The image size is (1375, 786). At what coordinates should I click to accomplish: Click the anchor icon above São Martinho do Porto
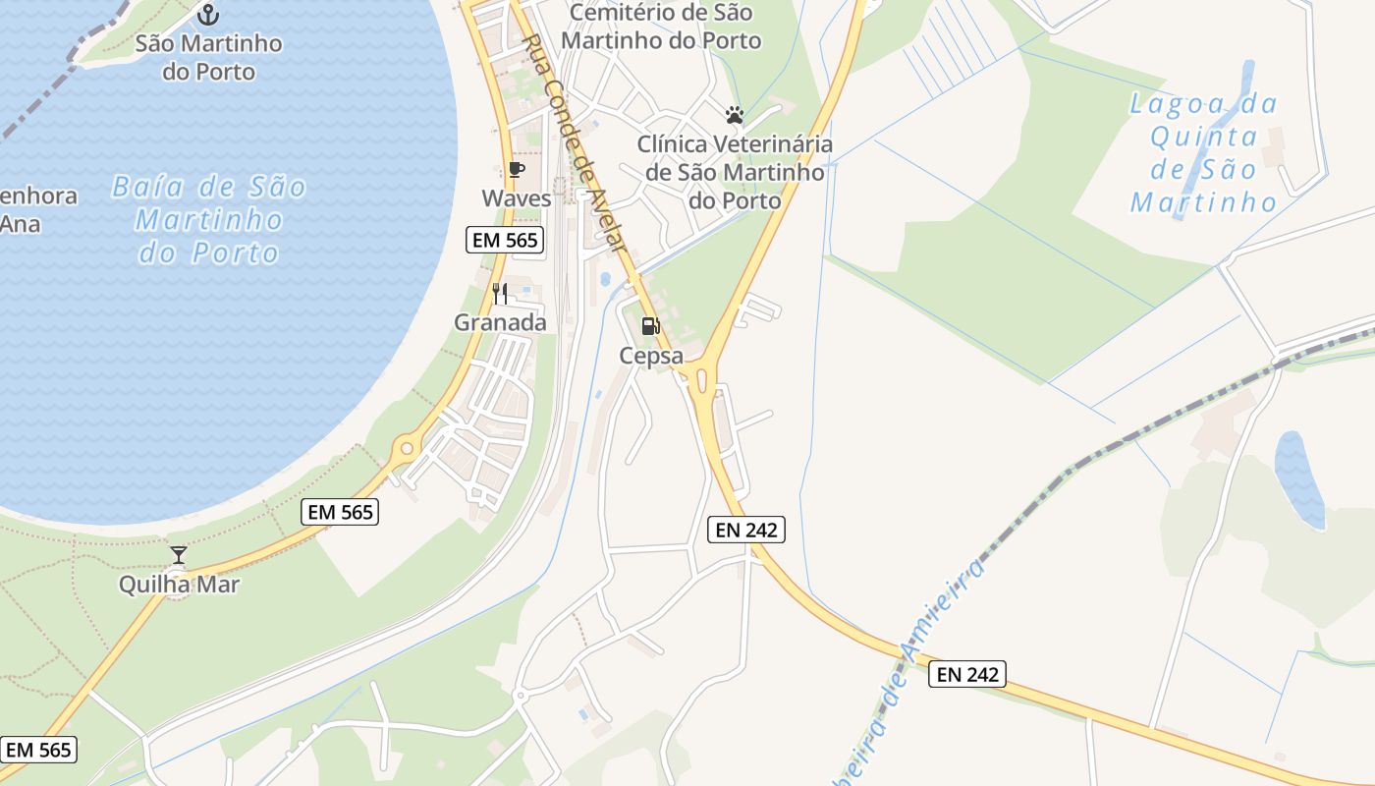[x=207, y=14]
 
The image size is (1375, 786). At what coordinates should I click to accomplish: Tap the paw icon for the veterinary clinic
[x=734, y=115]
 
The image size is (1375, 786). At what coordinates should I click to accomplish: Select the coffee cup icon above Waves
[x=517, y=170]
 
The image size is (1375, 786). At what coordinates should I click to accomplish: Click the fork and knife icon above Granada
[x=500, y=293]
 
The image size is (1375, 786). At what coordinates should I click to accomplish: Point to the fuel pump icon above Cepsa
[x=650, y=326]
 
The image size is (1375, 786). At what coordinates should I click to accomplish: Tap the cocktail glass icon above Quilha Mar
[x=178, y=555]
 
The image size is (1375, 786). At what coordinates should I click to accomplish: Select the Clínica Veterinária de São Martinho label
[x=734, y=172]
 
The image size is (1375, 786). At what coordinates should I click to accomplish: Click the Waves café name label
[x=517, y=197]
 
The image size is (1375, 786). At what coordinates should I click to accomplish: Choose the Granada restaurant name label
[x=500, y=322]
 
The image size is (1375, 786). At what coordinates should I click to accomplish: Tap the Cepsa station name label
[x=650, y=356]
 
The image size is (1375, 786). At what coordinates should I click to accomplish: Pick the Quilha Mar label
[x=179, y=585]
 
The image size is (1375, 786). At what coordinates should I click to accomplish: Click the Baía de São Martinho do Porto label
[x=209, y=219]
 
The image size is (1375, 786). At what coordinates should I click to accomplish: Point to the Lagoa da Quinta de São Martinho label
[x=1204, y=152]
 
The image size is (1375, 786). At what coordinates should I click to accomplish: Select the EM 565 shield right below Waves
[x=505, y=240]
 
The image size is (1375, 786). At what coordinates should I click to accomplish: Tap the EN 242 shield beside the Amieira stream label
[x=967, y=674]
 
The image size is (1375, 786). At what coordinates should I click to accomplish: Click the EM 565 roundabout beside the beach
[x=405, y=451]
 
